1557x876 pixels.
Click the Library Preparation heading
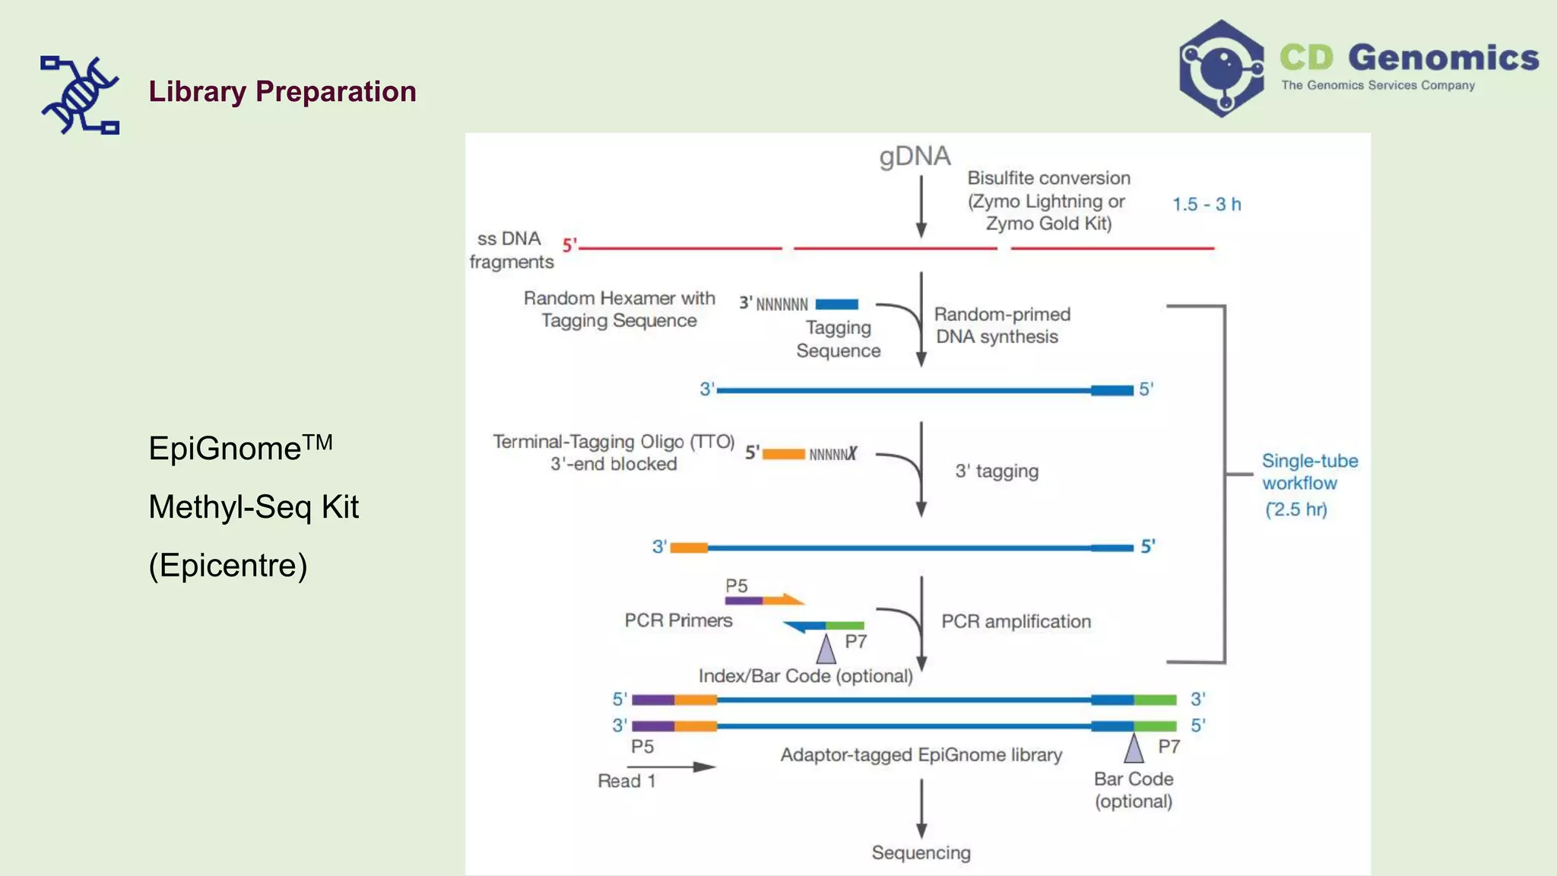pos(282,92)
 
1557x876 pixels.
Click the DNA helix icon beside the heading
pos(80,95)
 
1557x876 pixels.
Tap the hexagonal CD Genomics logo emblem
pos(1221,68)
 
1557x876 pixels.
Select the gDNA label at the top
pos(915,156)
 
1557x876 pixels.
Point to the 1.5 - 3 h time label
pos(1206,204)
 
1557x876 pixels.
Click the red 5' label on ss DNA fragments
pos(569,245)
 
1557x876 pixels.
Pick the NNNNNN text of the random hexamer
pos(782,305)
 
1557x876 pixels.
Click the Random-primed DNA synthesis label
pos(1000,325)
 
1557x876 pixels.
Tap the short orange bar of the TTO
pos(783,454)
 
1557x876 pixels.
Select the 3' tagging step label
pos(996,471)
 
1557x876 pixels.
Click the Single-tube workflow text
pos(1309,472)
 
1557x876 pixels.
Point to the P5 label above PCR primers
pos(736,586)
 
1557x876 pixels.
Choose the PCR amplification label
pos(1016,621)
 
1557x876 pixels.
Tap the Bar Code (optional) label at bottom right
pos(1133,789)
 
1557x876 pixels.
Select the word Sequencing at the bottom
pos(921,852)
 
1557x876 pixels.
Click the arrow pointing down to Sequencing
pos(921,809)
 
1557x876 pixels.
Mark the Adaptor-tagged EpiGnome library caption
pos(921,754)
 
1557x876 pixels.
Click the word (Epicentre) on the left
pos(228,565)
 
